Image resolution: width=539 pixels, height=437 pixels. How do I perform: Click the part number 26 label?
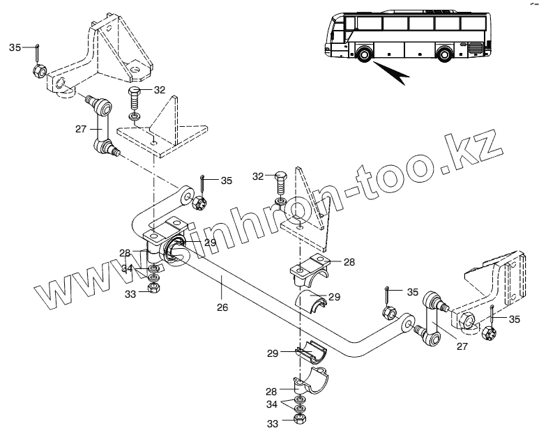pyautogui.click(x=222, y=307)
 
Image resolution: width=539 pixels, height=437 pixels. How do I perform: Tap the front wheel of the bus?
pyautogui.click(x=363, y=54)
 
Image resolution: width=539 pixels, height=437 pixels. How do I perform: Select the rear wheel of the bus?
pyautogui.click(x=445, y=53)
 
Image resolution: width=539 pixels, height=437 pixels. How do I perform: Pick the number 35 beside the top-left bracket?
pyautogui.click(x=15, y=47)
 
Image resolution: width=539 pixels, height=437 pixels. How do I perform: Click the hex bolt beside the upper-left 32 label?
pyautogui.click(x=135, y=93)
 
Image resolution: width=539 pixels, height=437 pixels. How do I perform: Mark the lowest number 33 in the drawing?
pyautogui.click(x=272, y=423)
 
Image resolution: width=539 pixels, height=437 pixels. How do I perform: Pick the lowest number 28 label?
pyautogui.click(x=272, y=391)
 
